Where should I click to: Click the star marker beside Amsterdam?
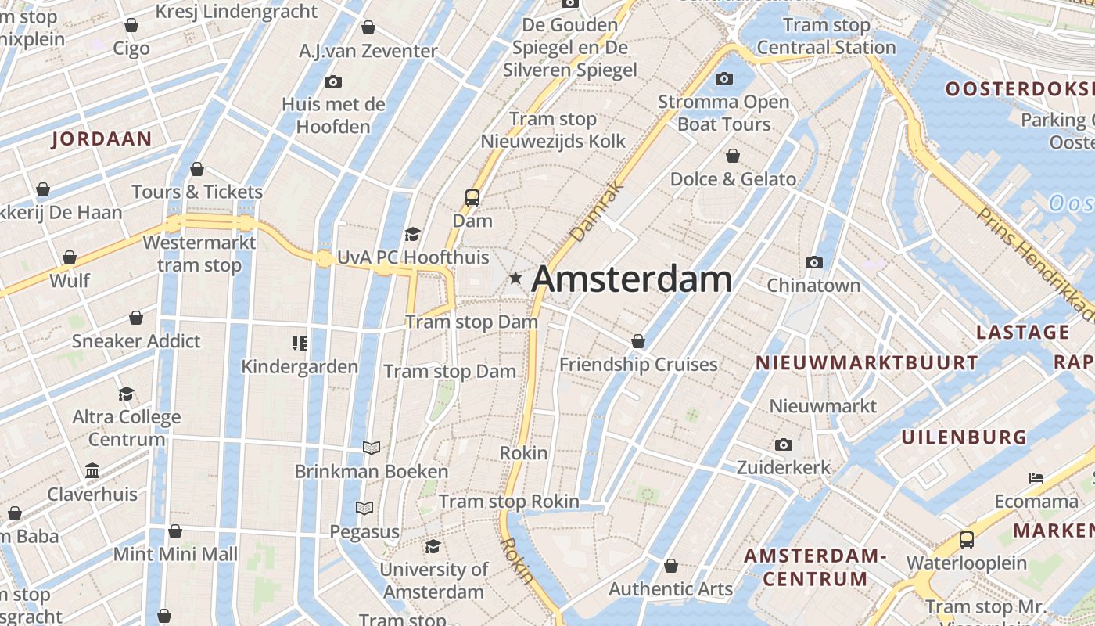[515, 278]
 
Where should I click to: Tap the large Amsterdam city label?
[632, 279]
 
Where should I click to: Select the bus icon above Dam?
[472, 197]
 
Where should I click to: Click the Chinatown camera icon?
[814, 262]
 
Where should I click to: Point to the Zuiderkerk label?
[784, 467]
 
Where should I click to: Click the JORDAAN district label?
[102, 139]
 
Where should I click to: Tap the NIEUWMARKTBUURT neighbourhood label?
[867, 362]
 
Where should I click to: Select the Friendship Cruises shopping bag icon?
[638, 341]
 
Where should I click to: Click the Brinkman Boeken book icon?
[372, 448]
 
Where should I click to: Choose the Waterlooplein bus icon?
[967, 539]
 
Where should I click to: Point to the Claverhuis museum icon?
[92, 471]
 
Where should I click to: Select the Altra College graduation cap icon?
[126, 394]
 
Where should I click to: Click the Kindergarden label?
[300, 366]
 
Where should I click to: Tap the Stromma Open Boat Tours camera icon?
[724, 78]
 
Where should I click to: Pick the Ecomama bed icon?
[1036, 477]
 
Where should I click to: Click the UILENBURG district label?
[964, 437]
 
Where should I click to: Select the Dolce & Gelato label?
[733, 179]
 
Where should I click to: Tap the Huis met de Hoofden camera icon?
[333, 81]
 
